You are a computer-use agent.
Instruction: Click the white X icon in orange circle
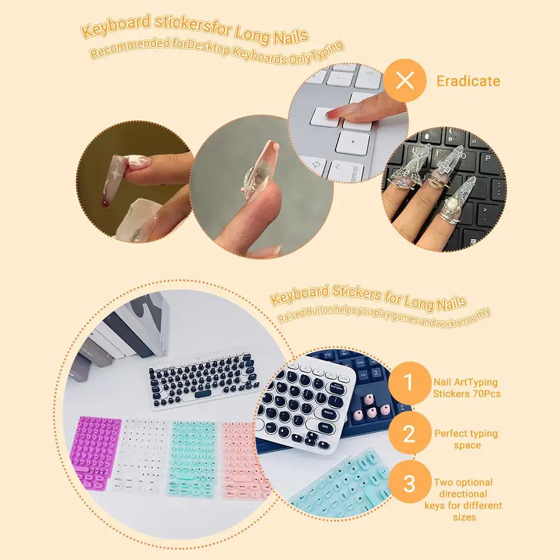pos(404,81)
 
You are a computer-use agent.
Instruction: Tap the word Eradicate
pos(468,81)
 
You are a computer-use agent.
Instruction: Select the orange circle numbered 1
pos(409,383)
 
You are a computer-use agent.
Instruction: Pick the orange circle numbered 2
pos(409,434)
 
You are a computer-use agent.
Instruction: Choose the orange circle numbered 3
pos(409,483)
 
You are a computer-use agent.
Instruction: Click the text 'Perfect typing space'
pos(466,439)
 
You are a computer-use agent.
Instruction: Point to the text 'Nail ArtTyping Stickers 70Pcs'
pos(465,388)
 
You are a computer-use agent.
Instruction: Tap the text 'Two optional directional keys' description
pos(465,499)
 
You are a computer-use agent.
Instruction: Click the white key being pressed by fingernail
pos(326,117)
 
